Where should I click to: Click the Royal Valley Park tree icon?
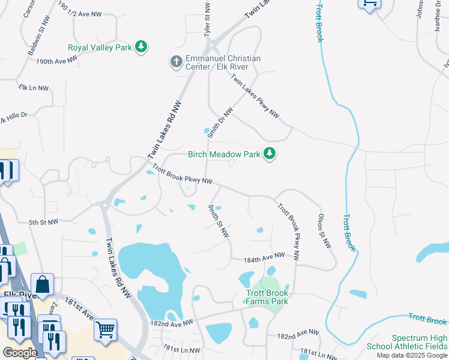pos(141,47)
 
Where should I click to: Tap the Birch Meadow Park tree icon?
pos(270,154)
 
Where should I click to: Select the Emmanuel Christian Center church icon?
pos(176,62)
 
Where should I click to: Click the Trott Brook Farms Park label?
pos(267,297)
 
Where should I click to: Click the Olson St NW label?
pos(324,230)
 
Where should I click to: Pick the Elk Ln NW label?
pos(34,88)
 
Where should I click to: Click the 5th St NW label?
pos(44,222)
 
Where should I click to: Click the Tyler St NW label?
pos(208,20)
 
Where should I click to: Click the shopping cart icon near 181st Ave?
pos(105,329)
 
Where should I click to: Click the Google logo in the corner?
pos(19,353)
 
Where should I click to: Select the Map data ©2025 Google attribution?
pos(412,355)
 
